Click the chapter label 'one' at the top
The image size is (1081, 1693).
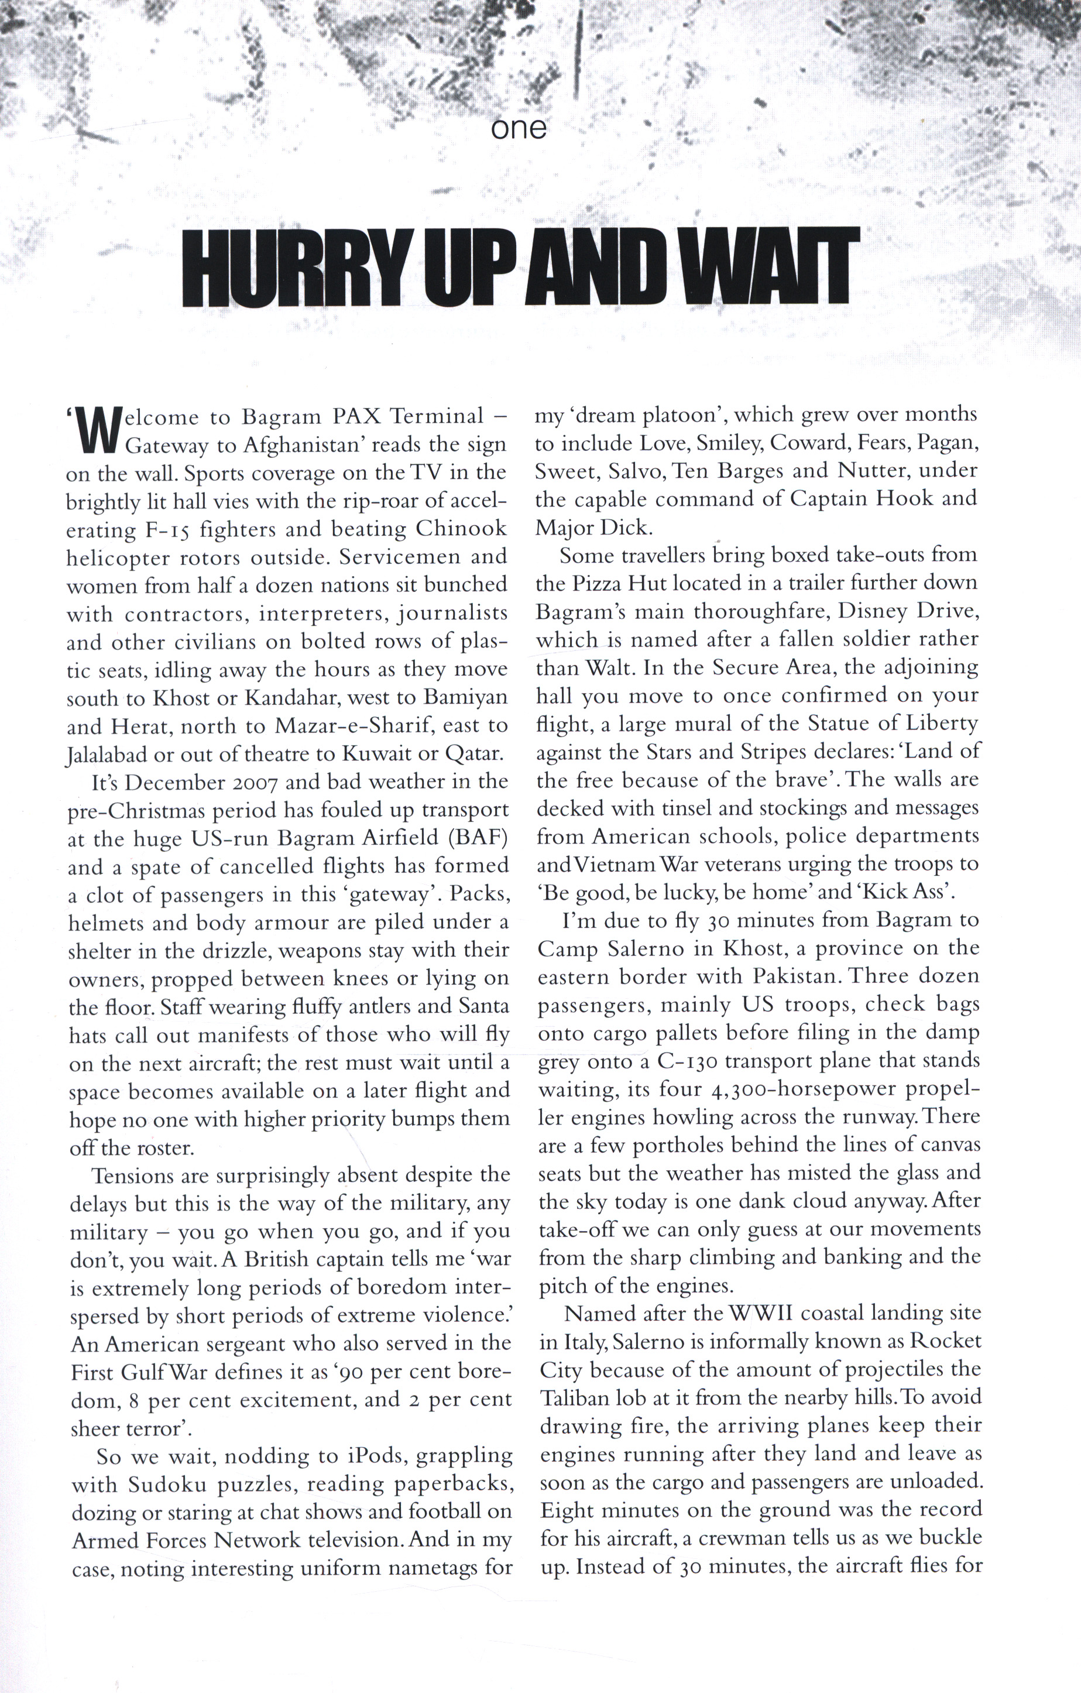519,128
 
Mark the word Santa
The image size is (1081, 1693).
483,1007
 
